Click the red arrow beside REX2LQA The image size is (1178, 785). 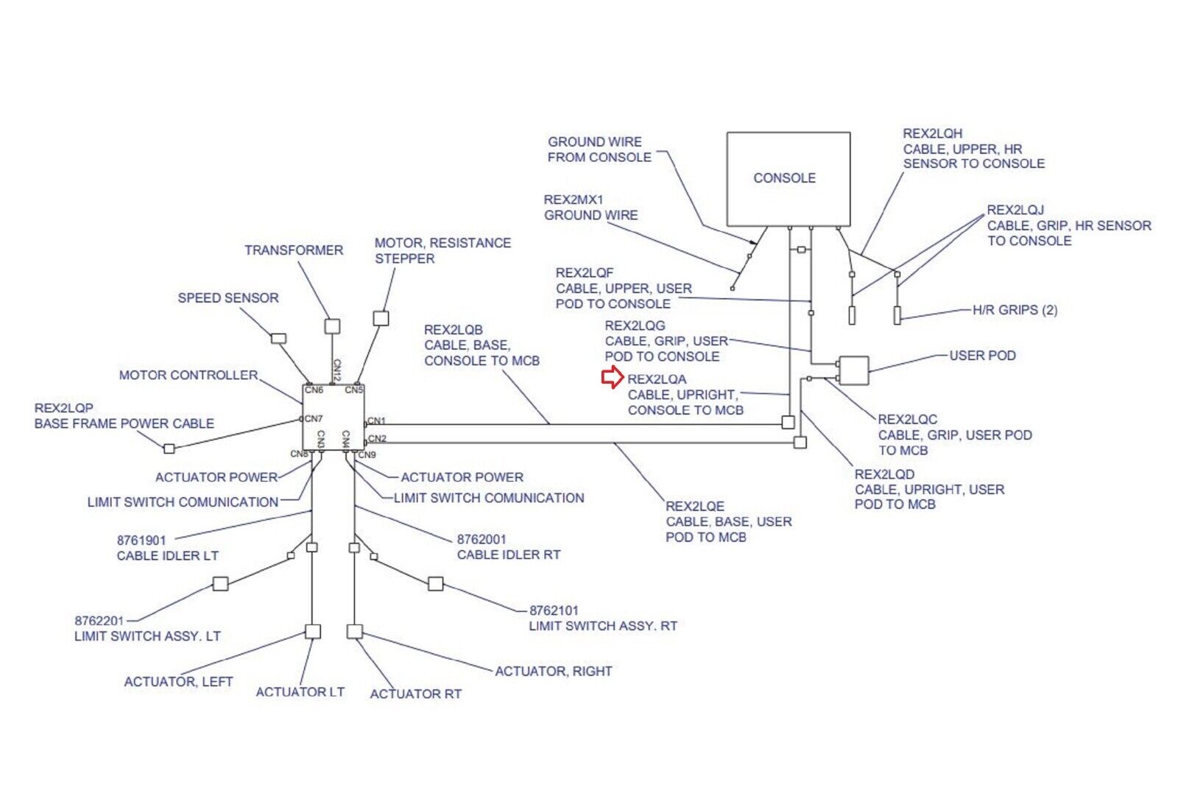(612, 378)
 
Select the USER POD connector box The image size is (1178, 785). (853, 370)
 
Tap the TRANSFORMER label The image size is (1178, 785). (294, 250)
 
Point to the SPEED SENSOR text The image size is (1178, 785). (228, 298)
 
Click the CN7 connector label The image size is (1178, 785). (314, 418)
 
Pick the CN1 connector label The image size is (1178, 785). (376, 420)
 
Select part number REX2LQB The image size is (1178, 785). (454, 330)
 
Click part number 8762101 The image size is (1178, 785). (554, 610)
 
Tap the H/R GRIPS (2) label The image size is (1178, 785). (1015, 310)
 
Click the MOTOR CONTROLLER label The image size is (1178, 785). (188, 376)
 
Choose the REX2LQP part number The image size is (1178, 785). (64, 408)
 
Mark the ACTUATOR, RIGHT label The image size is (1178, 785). (554, 672)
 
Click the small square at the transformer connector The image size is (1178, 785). (333, 325)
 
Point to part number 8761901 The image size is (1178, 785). (141, 541)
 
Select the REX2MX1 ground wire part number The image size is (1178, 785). (574, 200)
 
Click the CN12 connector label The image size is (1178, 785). (336, 370)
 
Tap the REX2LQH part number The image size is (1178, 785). (933, 133)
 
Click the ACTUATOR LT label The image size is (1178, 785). (300, 692)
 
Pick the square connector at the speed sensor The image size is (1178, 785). (278, 339)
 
